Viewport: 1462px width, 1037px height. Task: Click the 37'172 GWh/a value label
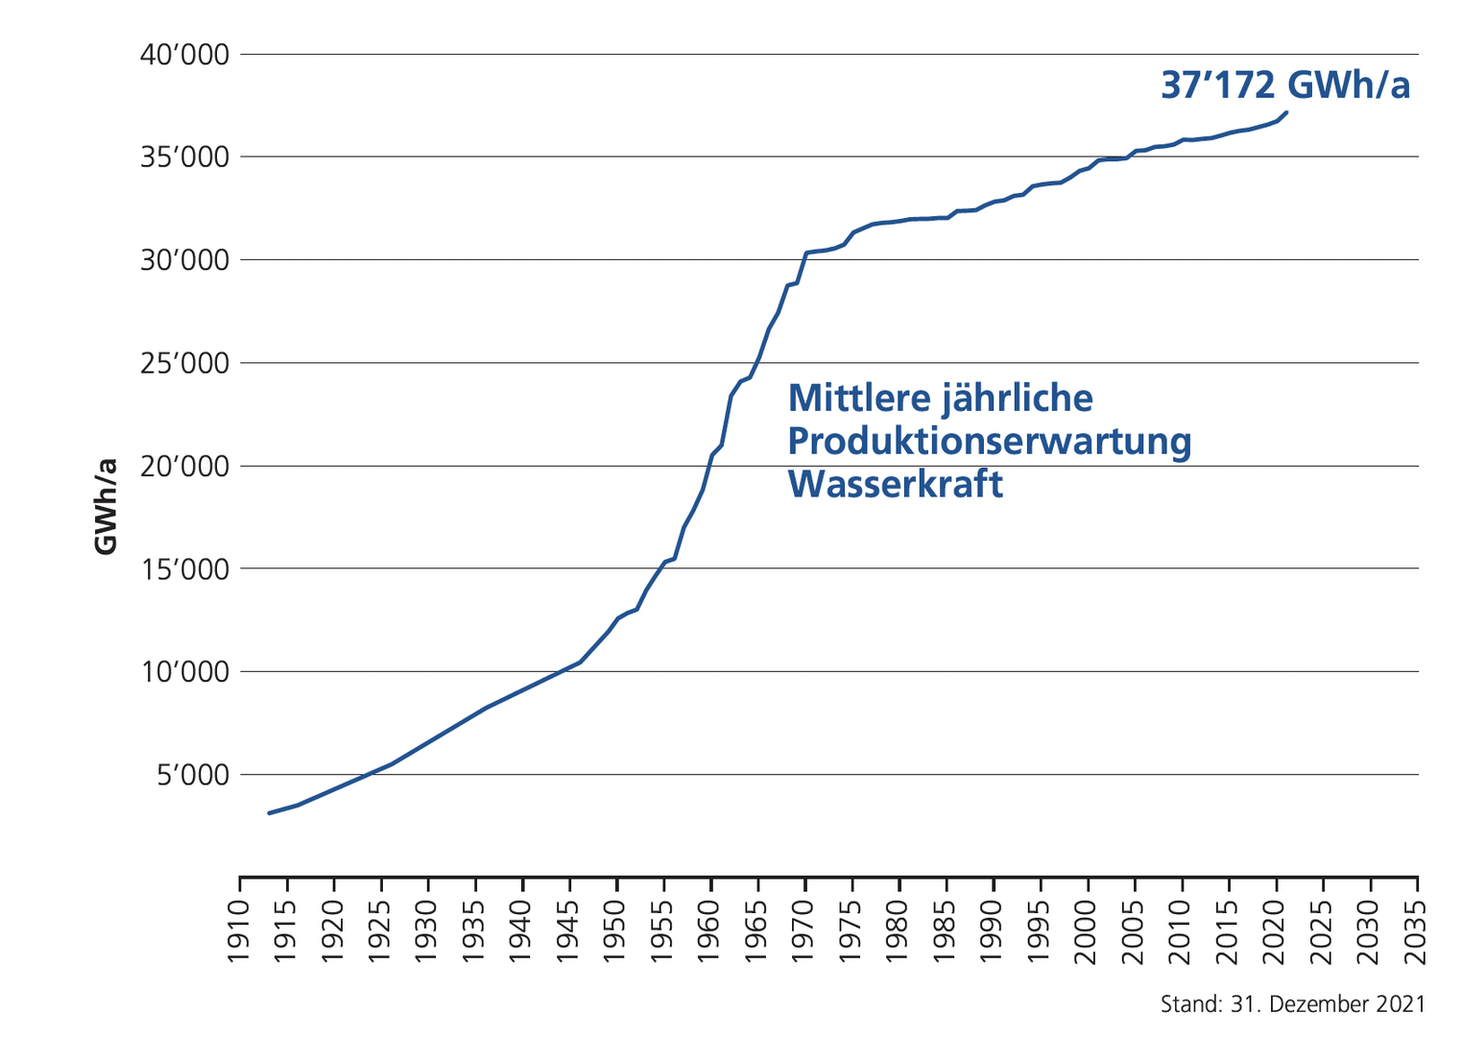(1285, 85)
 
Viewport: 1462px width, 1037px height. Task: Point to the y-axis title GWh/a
(107, 505)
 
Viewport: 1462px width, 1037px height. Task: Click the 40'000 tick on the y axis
(185, 55)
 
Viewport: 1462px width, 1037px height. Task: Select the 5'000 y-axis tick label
(193, 775)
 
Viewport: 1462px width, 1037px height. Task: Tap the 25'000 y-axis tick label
(185, 364)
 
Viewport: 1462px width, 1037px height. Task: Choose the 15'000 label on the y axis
(185, 569)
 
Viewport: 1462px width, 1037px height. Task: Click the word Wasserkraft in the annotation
(895, 484)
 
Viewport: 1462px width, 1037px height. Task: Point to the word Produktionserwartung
(989, 442)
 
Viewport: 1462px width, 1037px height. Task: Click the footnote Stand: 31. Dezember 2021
(1292, 1004)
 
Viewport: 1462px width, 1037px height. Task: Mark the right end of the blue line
(1286, 112)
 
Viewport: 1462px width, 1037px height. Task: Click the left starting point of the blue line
(269, 813)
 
